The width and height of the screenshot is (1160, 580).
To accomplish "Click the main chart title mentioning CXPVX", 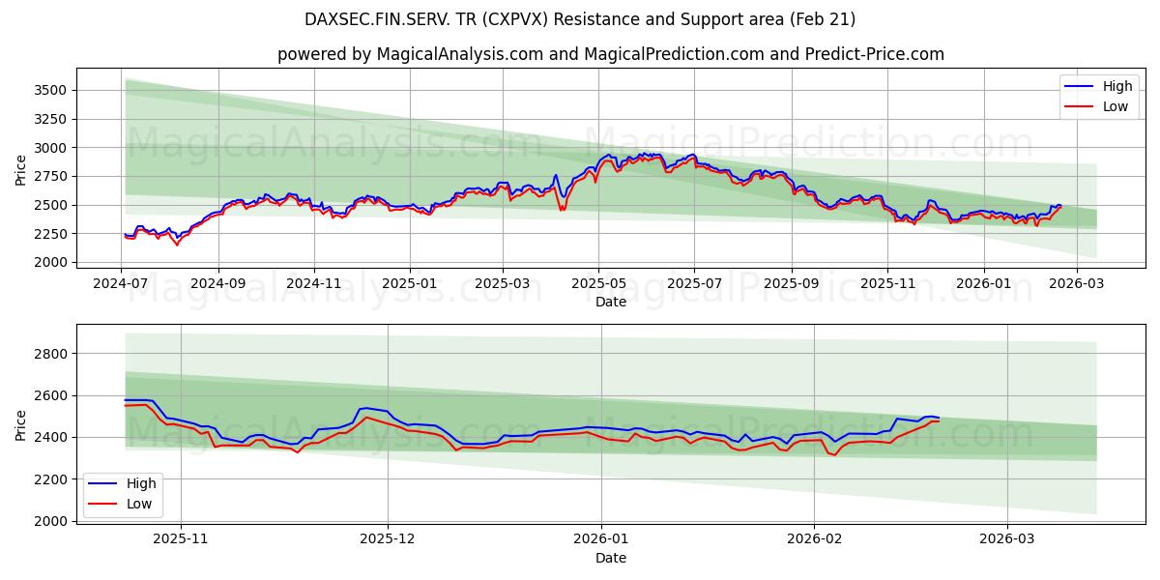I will [580, 19].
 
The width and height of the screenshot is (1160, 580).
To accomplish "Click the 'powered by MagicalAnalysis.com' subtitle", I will [610, 54].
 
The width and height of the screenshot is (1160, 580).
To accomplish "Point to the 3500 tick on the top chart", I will [50, 91].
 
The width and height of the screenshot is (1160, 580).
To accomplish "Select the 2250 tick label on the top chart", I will [50, 234].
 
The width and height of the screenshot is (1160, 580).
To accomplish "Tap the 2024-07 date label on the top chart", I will [121, 283].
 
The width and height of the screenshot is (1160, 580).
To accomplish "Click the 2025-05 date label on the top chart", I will [597, 283].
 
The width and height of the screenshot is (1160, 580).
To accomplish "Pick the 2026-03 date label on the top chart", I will [1076, 283].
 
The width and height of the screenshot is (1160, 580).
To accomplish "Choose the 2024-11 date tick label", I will [312, 283].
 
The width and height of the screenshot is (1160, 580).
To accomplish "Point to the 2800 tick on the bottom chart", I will [50, 354].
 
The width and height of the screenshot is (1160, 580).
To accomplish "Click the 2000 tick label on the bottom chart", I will [50, 521].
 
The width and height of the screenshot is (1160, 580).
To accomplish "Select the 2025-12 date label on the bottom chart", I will [387, 539].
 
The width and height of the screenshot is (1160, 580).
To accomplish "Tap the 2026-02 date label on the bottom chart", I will [814, 539].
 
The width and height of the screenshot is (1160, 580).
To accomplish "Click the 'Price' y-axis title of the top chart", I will [21, 170].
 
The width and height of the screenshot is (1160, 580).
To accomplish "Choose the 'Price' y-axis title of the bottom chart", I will [21, 425].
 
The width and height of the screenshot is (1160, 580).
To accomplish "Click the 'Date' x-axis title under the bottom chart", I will [610, 558].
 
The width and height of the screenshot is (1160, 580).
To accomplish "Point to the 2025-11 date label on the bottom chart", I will [181, 539].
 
